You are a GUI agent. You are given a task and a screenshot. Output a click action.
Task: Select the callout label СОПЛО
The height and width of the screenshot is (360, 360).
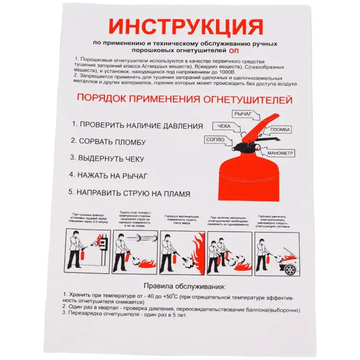coord(215,139)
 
